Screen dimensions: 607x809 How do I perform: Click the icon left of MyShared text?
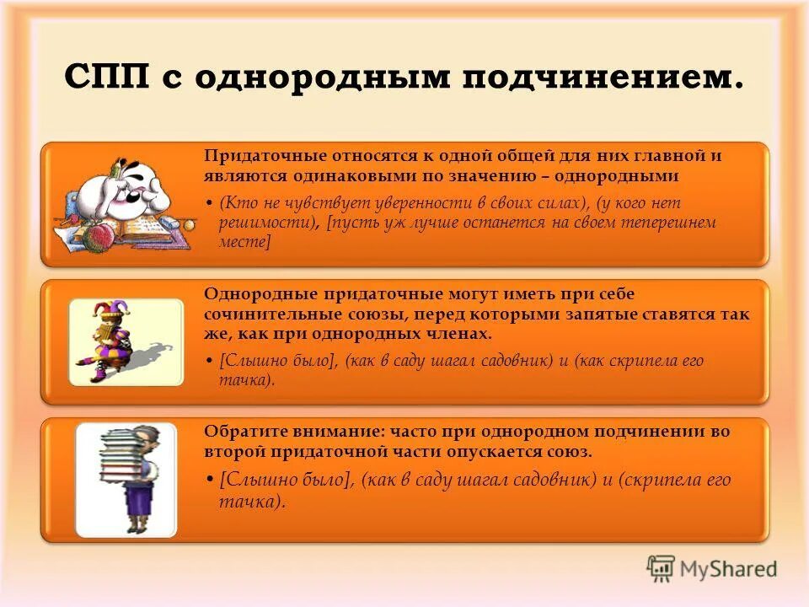tap(661, 569)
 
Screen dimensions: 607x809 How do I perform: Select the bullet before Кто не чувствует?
tap(209, 204)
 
